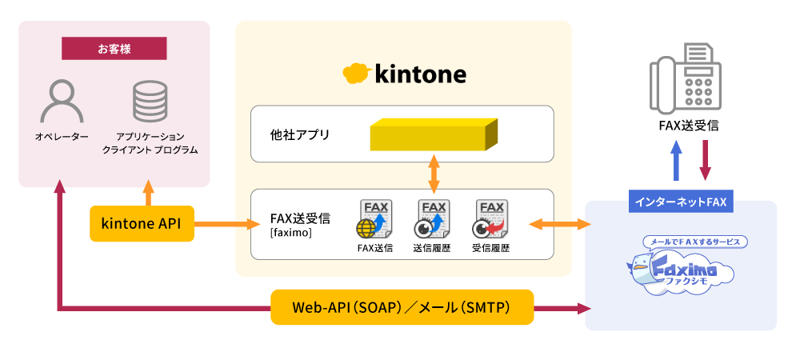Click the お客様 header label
pyautogui.click(x=114, y=49)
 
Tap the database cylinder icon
pyautogui.click(x=150, y=101)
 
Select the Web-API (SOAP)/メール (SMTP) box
pyautogui.click(x=402, y=307)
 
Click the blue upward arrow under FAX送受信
pyautogui.click(x=676, y=161)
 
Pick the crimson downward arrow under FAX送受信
pyautogui.click(x=705, y=161)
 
